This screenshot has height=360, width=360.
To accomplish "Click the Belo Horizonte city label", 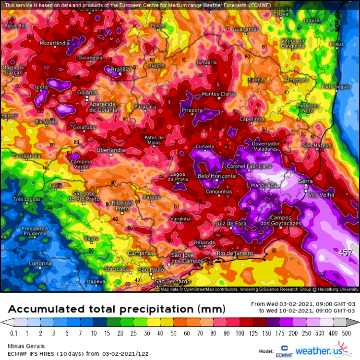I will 217,176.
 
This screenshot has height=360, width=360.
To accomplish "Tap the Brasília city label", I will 120,70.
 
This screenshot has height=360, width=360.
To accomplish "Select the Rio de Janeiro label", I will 235,253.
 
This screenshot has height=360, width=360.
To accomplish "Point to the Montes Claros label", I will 218,94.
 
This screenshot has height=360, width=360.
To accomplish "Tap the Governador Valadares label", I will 265,146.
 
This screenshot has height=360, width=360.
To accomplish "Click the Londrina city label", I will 27,264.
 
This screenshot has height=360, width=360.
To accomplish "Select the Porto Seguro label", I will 336,87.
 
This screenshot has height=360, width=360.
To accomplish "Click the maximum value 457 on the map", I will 345,252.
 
